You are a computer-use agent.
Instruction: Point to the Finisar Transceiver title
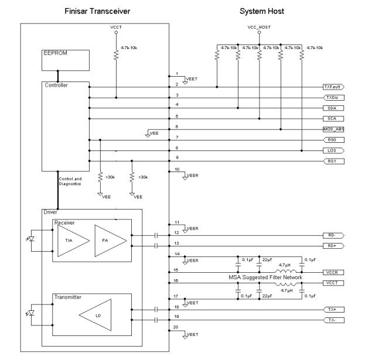pyautogui.click(x=96, y=11)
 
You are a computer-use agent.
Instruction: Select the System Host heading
pyautogui.click(x=263, y=11)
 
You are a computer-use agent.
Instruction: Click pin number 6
pyautogui.click(x=177, y=126)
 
